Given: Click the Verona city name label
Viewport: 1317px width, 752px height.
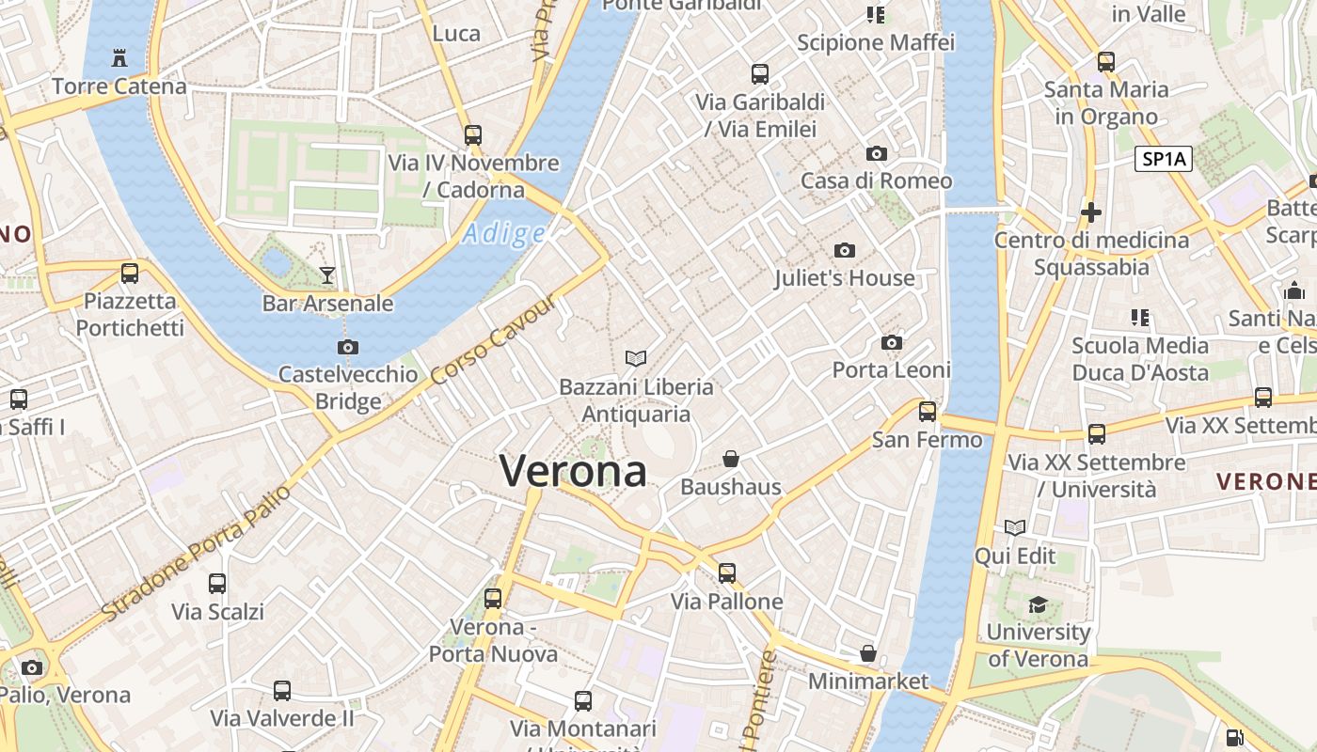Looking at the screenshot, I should tap(573, 471).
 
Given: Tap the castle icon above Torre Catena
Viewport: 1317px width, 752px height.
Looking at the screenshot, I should tap(119, 58).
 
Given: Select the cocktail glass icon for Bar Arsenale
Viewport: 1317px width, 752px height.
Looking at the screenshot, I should tap(327, 274).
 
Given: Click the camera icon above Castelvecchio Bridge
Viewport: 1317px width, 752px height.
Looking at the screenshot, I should tap(348, 347).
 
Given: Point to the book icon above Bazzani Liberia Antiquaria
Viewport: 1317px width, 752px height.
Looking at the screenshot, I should tap(636, 358).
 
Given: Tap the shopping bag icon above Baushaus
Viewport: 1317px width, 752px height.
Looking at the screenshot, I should tap(731, 459).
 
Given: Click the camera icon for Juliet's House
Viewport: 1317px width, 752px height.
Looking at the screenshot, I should tap(845, 250).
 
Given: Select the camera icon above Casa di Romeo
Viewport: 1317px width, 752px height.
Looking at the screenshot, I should tap(876, 153).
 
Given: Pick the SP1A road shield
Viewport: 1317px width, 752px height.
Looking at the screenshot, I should tap(1164, 159).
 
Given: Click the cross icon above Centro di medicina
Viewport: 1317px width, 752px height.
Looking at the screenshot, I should tap(1091, 212).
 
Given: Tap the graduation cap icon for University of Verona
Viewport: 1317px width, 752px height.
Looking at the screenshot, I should tap(1038, 604).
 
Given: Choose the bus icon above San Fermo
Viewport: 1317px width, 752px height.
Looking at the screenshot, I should tap(928, 411).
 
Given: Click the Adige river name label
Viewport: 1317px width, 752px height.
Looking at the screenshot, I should tap(503, 233).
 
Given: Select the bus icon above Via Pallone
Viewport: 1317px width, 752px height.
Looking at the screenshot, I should tap(726, 572).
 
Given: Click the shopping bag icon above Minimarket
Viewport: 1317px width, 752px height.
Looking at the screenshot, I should tap(868, 653).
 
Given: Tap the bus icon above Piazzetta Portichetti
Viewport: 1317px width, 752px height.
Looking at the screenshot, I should tap(130, 274).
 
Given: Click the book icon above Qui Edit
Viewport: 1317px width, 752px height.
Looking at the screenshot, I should tap(1015, 528).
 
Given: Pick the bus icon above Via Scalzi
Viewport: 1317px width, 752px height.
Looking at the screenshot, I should tap(217, 584).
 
